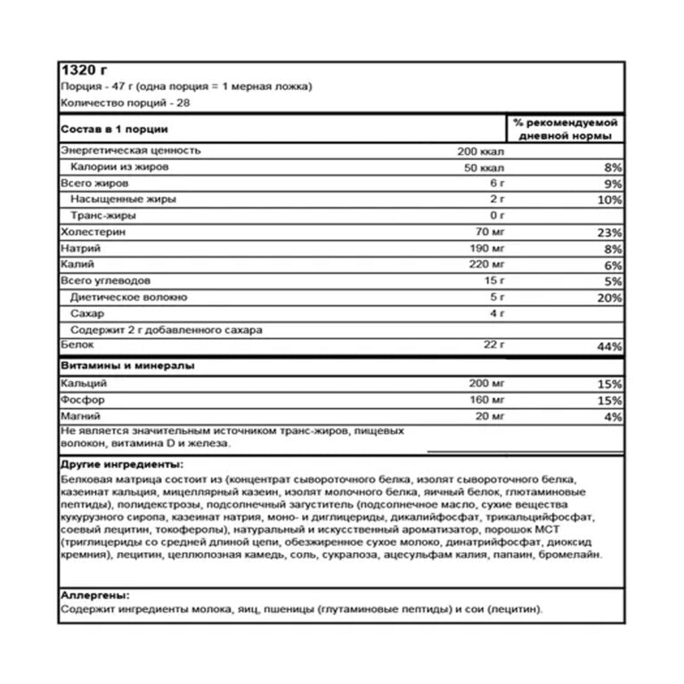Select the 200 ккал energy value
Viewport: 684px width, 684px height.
pos(480,151)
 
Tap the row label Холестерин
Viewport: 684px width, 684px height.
pos(92,232)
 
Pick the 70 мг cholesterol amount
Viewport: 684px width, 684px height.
pos(491,232)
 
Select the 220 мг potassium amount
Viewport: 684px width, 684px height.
pos(487,265)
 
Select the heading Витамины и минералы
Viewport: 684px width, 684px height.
pos(128,366)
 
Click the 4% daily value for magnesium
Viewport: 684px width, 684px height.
pos(614,416)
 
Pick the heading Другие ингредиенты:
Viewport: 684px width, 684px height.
pos(123,464)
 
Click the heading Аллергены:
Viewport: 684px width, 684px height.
pos(94,595)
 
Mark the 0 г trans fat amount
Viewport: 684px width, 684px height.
pos(497,216)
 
